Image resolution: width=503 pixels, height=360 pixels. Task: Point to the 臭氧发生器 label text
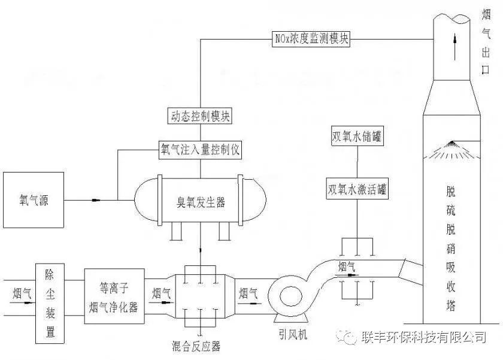click(201, 202)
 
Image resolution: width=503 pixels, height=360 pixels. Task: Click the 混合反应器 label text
click(196, 346)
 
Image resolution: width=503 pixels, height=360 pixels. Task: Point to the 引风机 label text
click(293, 335)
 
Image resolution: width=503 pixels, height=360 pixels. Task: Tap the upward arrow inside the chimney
click(454, 47)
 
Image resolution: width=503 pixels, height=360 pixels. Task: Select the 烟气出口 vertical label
click(486, 42)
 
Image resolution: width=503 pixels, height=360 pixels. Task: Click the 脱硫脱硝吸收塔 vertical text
click(451, 249)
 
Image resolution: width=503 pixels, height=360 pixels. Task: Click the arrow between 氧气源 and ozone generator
click(96, 201)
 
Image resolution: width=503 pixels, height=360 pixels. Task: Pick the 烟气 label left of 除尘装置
click(22, 294)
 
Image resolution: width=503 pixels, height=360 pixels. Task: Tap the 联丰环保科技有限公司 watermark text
click(424, 337)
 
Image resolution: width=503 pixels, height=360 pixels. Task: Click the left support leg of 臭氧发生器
click(176, 231)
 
